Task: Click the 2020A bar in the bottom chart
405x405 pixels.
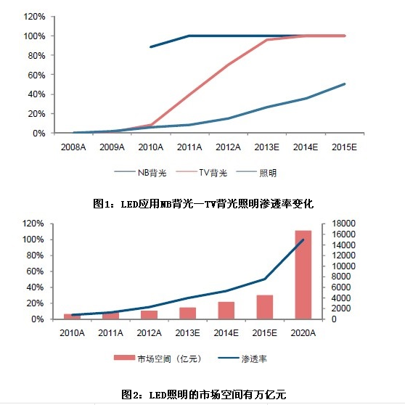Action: (302, 274)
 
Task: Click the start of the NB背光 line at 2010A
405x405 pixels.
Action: (150, 47)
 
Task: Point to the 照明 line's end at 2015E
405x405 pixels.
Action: (345, 83)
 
